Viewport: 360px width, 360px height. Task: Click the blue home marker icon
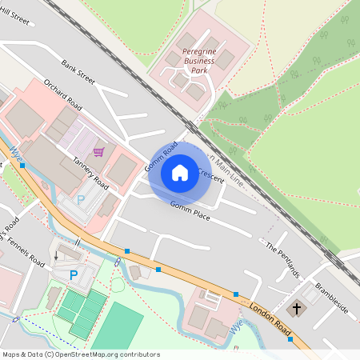(180, 172)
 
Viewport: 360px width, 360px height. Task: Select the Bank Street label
(78, 71)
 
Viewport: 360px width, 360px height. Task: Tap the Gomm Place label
(190, 210)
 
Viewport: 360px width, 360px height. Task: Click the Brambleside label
(331, 298)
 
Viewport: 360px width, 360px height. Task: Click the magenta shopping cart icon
(98, 151)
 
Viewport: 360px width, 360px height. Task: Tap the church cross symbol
(297, 308)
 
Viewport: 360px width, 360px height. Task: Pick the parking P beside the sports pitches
(74, 275)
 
